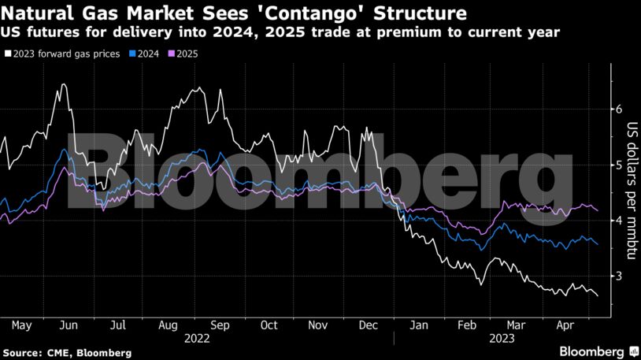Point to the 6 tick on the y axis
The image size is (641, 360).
point(618,109)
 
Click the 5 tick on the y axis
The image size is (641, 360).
point(618,165)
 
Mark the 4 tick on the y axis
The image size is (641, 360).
point(618,220)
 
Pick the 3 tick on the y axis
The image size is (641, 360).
point(618,276)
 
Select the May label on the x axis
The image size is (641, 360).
point(21,325)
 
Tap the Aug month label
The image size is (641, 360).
point(169,325)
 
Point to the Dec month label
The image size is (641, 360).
point(367,325)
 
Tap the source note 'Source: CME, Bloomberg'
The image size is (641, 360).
point(67,352)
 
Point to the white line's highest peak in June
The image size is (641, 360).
point(61,84)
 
